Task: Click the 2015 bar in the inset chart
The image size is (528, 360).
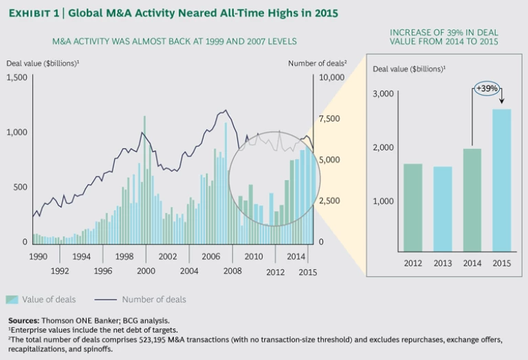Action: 501,180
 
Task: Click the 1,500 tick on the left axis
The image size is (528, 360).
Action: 16,78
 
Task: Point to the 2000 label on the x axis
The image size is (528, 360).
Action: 146,271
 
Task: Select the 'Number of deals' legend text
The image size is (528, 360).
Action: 154,300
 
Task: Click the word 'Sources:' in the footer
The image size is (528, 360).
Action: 26,320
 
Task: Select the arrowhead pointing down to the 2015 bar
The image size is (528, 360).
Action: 501,103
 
